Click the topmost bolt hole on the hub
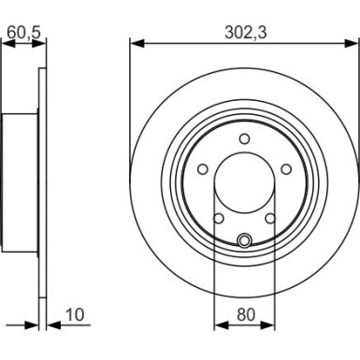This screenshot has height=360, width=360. pyautogui.click(x=244, y=140)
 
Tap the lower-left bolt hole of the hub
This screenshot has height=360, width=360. pyautogui.click(x=218, y=219)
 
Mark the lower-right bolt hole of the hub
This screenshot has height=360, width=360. pyautogui.click(x=270, y=219)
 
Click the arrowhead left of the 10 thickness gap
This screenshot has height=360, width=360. pyautogui.click(x=35, y=326)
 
